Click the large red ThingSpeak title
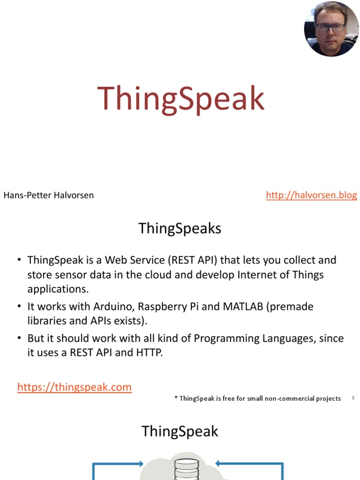pyautogui.click(x=181, y=99)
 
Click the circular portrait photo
pyautogui.click(x=331, y=29)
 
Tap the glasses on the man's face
pyautogui.click(x=330, y=28)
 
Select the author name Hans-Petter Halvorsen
pyautogui.click(x=49, y=195)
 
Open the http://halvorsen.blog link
pyautogui.click(x=311, y=195)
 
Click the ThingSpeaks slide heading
pyautogui.click(x=180, y=229)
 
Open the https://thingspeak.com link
pyautogui.click(x=75, y=387)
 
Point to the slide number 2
pyautogui.click(x=353, y=398)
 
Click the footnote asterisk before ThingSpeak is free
pyautogui.click(x=176, y=398)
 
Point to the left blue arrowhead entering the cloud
pyautogui.click(x=140, y=464)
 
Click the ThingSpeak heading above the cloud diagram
pyautogui.click(x=180, y=431)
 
